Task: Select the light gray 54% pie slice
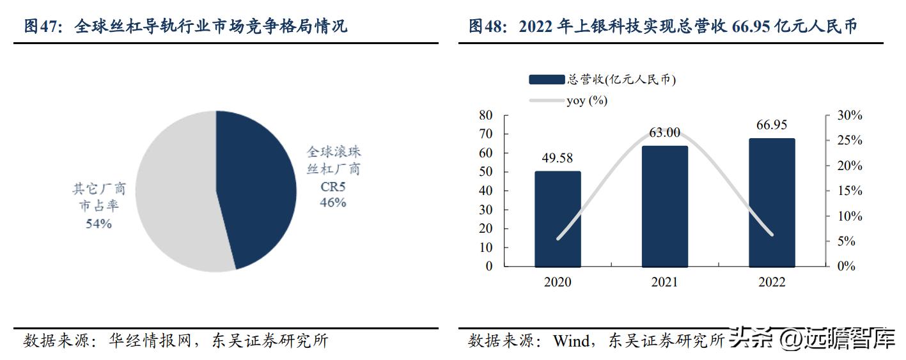tap(173, 192)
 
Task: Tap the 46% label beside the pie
tap(333, 203)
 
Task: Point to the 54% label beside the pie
tap(98, 224)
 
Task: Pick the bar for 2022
tap(772, 202)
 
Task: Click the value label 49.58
tap(558, 159)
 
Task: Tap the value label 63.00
tap(665, 132)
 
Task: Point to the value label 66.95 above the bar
tap(772, 125)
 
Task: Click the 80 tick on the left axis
tap(485, 116)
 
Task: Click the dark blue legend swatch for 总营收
tap(547, 80)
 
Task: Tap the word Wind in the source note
tap(572, 341)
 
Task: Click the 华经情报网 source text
tap(144, 341)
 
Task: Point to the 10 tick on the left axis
tap(485, 247)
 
